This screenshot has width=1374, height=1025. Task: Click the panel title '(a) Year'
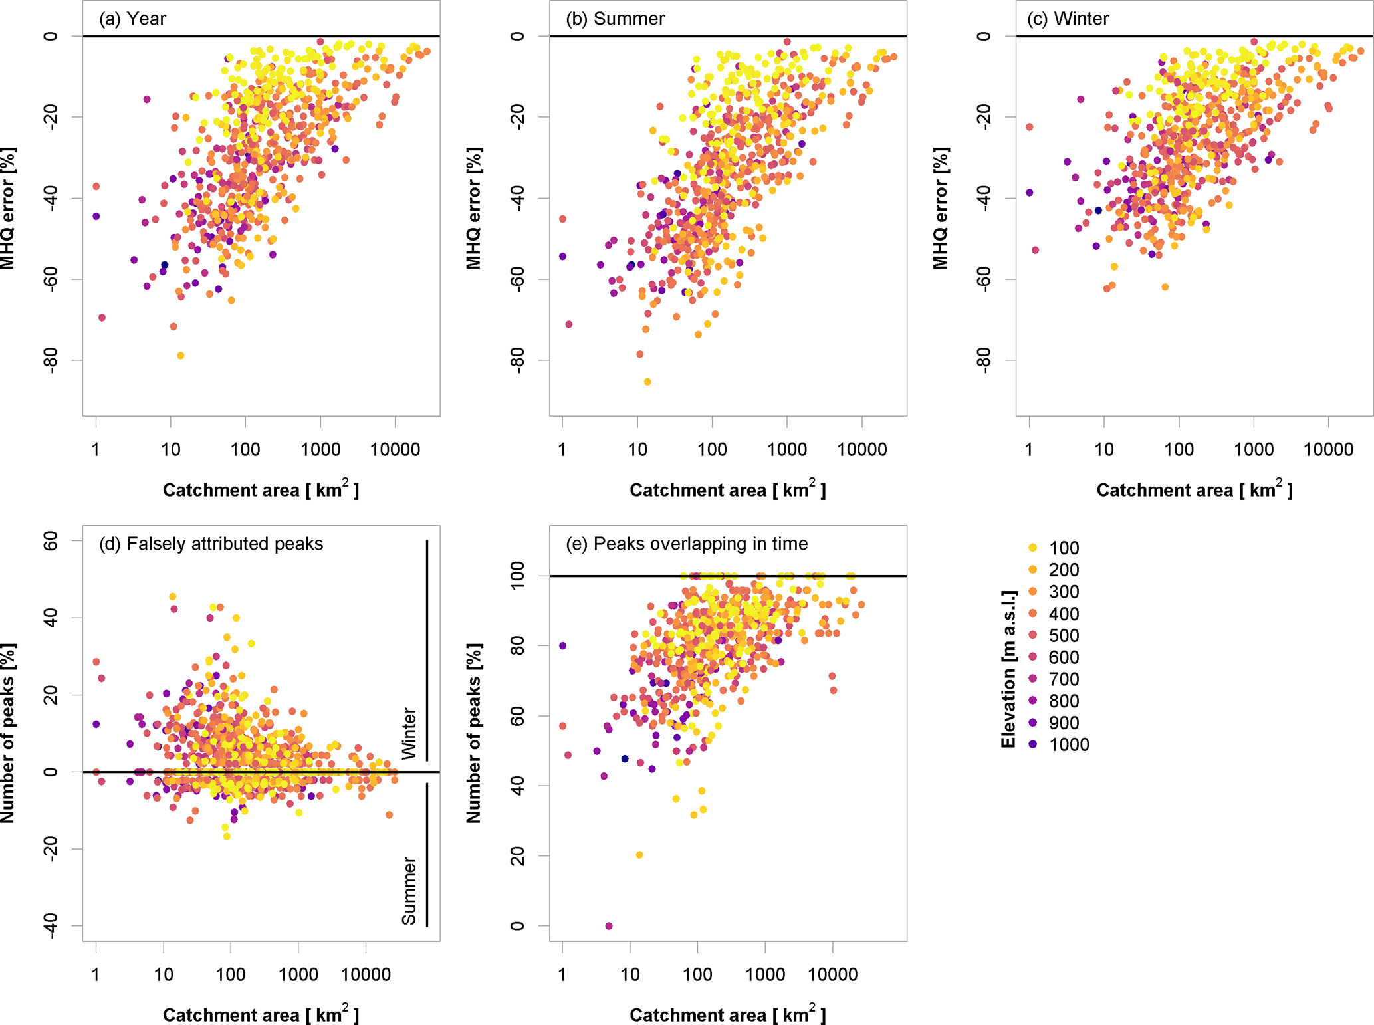click(x=132, y=19)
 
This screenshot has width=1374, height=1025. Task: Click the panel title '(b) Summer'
click(x=615, y=19)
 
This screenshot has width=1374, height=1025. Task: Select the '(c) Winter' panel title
click(x=1068, y=19)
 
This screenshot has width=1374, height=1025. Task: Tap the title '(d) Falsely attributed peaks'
click(x=211, y=544)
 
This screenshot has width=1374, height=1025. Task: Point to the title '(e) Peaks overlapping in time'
click(x=687, y=544)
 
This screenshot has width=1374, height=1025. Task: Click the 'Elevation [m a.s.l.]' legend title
click(x=1008, y=669)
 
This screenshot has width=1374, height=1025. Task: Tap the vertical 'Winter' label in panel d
click(x=409, y=734)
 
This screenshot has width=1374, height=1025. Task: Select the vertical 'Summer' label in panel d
click(x=409, y=891)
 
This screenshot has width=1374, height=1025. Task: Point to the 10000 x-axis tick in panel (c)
click(x=1328, y=450)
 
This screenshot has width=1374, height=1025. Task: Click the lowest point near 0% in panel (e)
click(x=609, y=926)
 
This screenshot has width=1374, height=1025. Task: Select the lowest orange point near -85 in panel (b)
click(x=647, y=382)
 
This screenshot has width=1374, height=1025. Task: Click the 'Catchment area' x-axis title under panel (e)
click(x=727, y=1014)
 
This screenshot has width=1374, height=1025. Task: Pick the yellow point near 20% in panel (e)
click(x=639, y=855)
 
